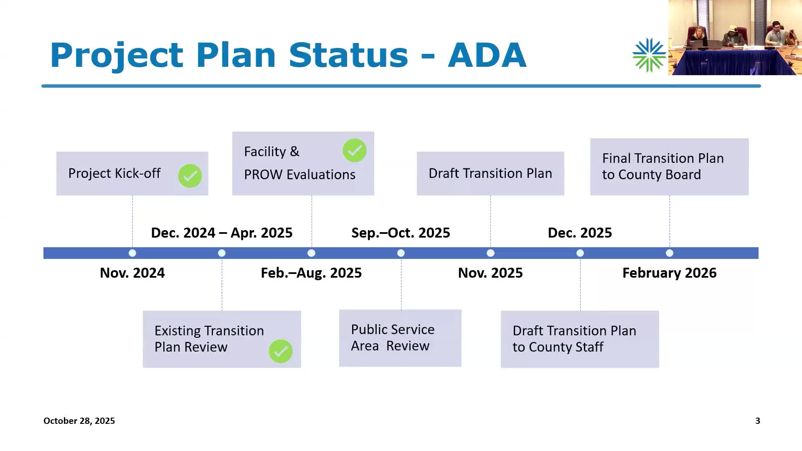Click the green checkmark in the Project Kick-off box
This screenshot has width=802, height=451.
pos(190,176)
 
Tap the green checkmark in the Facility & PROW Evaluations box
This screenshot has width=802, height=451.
pos(355,150)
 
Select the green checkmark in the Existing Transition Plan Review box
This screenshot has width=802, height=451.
pos(281,351)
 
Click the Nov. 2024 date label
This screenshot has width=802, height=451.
pos(132,273)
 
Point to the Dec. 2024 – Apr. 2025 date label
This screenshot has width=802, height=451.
pos(222,233)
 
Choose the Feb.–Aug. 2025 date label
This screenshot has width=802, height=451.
pos(311,273)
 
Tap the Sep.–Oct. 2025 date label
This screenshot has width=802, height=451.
pos(401,233)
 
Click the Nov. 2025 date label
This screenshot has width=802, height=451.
pos(490,273)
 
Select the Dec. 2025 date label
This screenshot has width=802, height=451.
pos(580,233)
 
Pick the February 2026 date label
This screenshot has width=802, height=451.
pos(670,273)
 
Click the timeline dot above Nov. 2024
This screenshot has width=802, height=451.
pos(132,253)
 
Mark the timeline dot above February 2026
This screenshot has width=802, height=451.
pos(670,253)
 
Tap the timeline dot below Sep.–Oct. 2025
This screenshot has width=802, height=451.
pos(401,253)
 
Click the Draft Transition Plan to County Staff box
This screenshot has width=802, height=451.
pos(580,339)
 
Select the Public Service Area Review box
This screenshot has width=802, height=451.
pos(400,338)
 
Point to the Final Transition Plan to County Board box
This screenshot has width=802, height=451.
pos(669,167)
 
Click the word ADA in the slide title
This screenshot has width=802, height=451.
pos(487,55)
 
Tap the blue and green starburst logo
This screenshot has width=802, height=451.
pos(649,55)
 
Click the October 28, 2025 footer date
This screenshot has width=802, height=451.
pos(79,421)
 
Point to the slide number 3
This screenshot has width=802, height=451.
pos(758,421)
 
